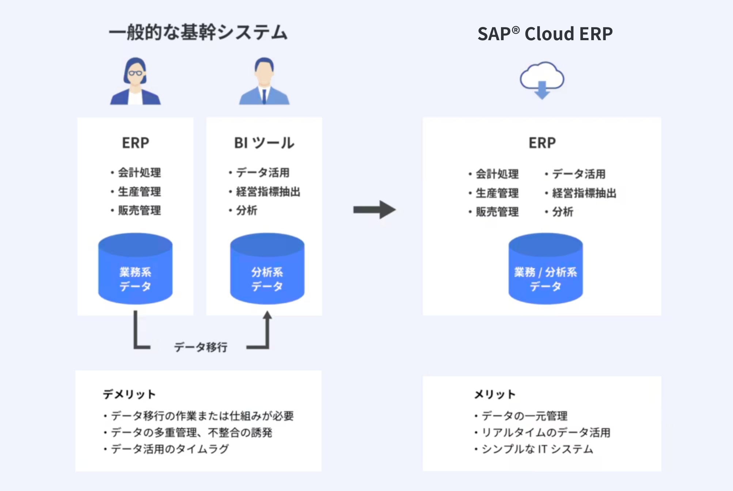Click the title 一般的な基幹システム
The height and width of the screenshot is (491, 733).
pos(198,33)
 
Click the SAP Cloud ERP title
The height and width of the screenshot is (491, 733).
pos(545,34)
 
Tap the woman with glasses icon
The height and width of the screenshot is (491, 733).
pos(136,81)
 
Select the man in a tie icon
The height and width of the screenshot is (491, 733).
pos(264,81)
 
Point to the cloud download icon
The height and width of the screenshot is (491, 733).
pos(542,80)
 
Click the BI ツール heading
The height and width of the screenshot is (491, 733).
pos(264,143)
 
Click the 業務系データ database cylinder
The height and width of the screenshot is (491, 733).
pos(135,269)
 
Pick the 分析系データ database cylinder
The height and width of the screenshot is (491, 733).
pos(267,269)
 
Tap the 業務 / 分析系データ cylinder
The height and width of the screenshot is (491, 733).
pos(546,269)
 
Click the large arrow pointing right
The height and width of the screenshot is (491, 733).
pos(375,209)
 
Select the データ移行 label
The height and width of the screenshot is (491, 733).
pos(201,347)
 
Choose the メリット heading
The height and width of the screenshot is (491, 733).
pos(495,394)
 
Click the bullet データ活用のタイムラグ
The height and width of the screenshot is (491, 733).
pos(170,449)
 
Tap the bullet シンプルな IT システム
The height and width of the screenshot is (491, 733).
pos(537,449)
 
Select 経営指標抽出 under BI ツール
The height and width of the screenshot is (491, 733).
pos(268,191)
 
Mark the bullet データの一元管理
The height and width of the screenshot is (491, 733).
pos(524,416)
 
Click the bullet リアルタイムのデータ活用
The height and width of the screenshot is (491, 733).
pos(546,432)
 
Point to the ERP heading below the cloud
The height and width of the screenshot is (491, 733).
pos(542,143)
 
